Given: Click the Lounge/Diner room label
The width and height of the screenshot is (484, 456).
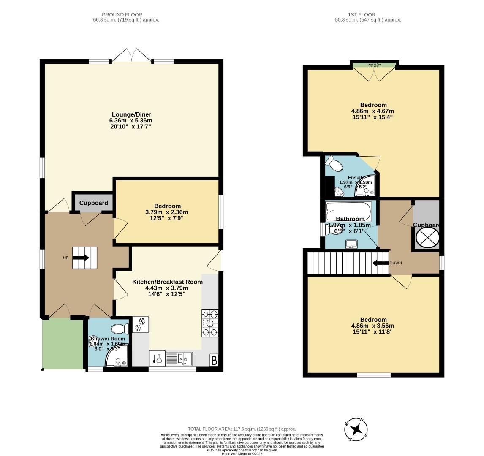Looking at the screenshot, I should (131, 114).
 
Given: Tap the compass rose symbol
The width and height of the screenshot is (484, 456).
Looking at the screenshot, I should (357, 429).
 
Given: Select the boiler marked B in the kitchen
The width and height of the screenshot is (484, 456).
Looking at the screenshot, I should (214, 361).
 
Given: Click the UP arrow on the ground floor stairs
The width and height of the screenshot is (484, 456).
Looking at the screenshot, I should (82, 258).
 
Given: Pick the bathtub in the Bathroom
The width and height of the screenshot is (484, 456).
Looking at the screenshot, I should (348, 210).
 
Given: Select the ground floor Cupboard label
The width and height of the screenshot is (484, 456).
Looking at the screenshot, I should (94, 203).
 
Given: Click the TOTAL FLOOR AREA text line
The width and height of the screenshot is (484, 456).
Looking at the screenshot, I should (242, 429).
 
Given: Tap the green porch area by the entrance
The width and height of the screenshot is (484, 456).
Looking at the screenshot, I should (63, 343).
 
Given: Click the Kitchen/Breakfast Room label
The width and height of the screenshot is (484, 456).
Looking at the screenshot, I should (167, 282).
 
